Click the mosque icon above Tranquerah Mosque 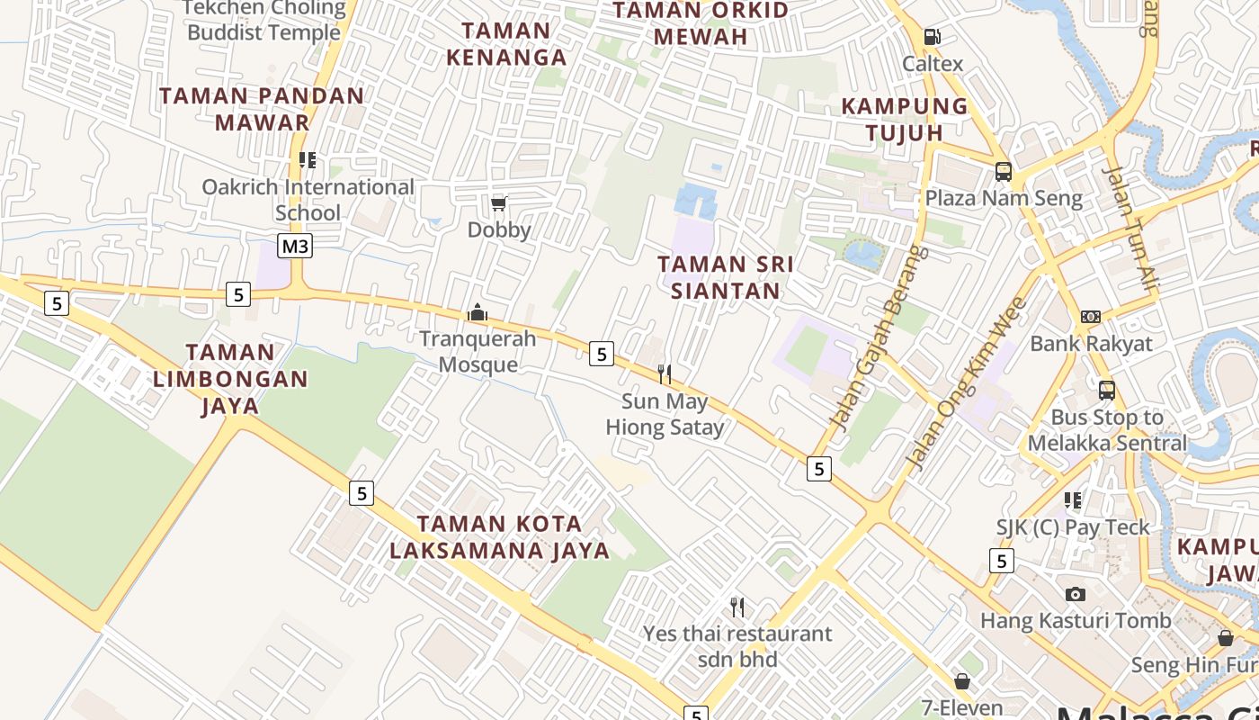pyautogui.click(x=477, y=312)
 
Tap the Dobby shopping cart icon pyautogui.click(x=498, y=203)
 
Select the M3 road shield pyautogui.click(x=295, y=246)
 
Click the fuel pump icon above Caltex pyautogui.click(x=933, y=37)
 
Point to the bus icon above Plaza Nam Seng pyautogui.click(x=1003, y=171)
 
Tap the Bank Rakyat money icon pyautogui.click(x=1091, y=317)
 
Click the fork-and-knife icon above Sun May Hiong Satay pyautogui.click(x=665, y=374)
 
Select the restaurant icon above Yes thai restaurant pyautogui.click(x=737, y=607)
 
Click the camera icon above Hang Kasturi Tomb pyautogui.click(x=1075, y=594)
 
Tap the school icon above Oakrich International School pyautogui.click(x=308, y=160)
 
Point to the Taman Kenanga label pyautogui.click(x=506, y=43)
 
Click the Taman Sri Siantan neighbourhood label pyautogui.click(x=726, y=277)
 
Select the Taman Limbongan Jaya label pyautogui.click(x=230, y=379)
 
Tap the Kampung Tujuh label pyautogui.click(x=905, y=119)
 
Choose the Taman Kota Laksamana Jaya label pyautogui.click(x=500, y=536)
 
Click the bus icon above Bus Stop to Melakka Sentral pyautogui.click(x=1107, y=391)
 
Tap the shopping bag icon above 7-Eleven pyautogui.click(x=962, y=681)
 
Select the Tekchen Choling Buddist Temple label pyautogui.click(x=263, y=20)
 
